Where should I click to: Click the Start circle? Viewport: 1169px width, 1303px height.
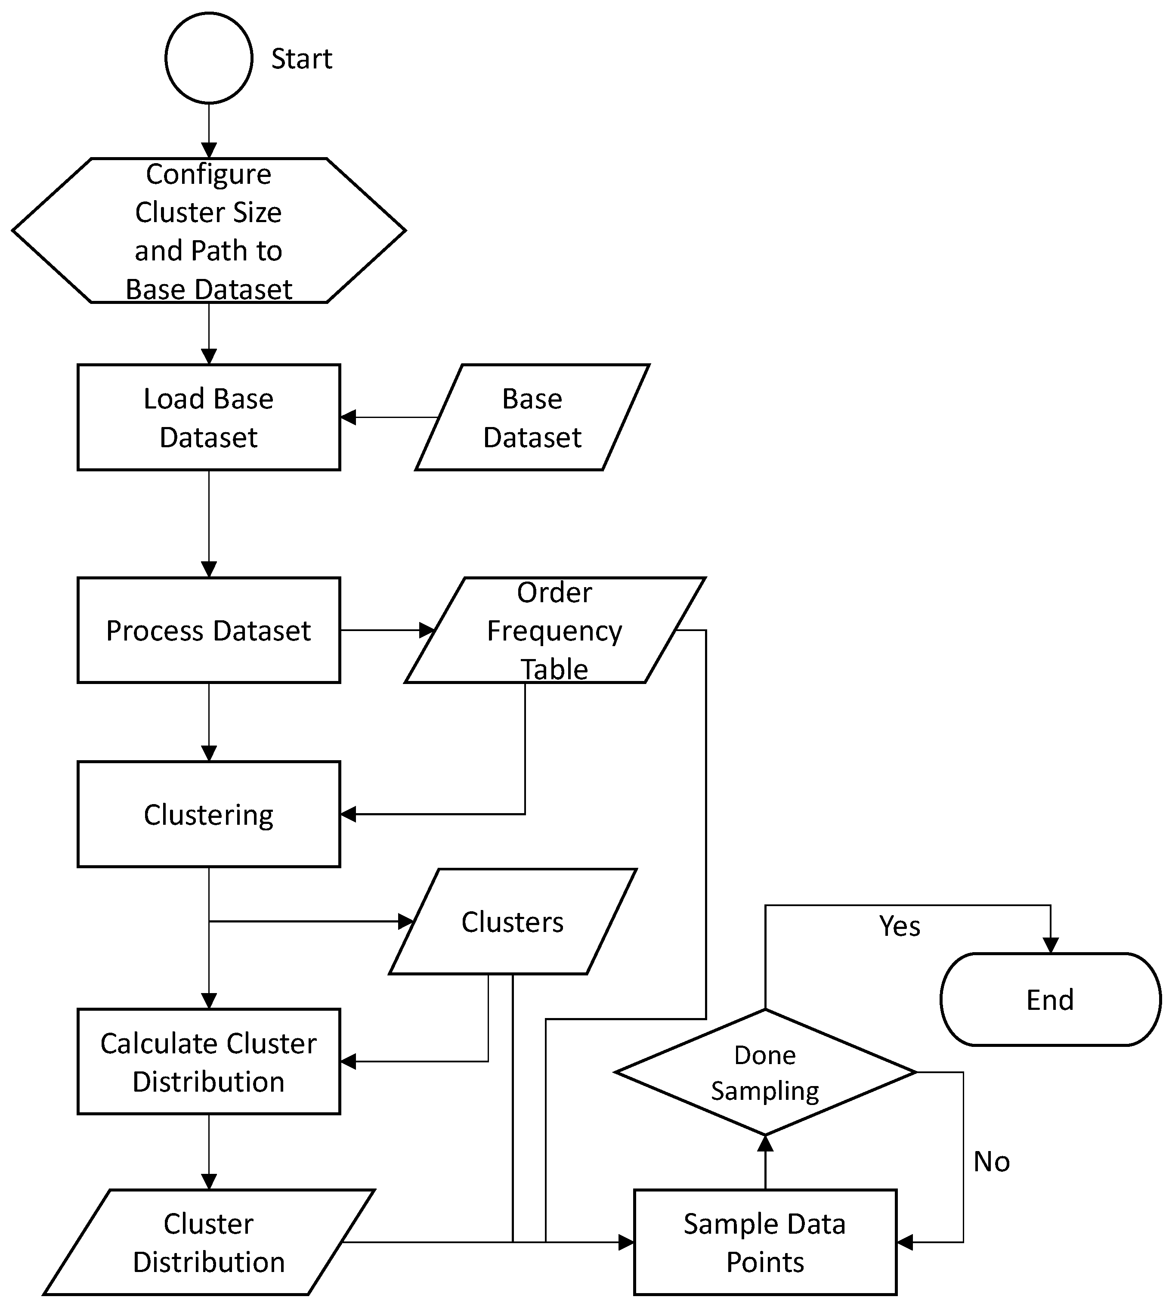pos(209,58)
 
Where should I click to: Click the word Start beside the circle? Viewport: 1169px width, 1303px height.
pos(301,59)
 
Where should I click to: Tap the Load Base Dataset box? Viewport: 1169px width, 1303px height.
pos(209,418)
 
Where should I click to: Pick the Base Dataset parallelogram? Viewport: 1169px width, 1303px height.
pos(532,418)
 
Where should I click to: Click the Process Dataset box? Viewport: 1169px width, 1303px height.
pos(209,630)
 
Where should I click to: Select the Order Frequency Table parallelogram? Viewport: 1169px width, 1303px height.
pos(554,630)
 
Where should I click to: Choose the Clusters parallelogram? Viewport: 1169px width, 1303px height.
pos(513,922)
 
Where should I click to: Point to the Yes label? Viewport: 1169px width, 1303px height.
pos(899,926)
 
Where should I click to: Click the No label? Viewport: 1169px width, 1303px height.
pos(991,1162)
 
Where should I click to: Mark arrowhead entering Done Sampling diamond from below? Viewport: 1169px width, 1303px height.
pos(765,1144)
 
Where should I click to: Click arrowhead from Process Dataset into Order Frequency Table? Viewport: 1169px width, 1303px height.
pos(427,630)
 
